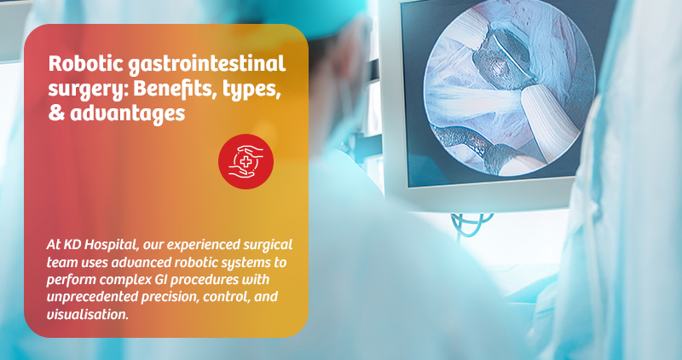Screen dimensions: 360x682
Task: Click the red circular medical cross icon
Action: (x=245, y=161)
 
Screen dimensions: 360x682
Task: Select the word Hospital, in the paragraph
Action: (x=114, y=246)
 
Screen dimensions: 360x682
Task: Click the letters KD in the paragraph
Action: (x=74, y=246)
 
